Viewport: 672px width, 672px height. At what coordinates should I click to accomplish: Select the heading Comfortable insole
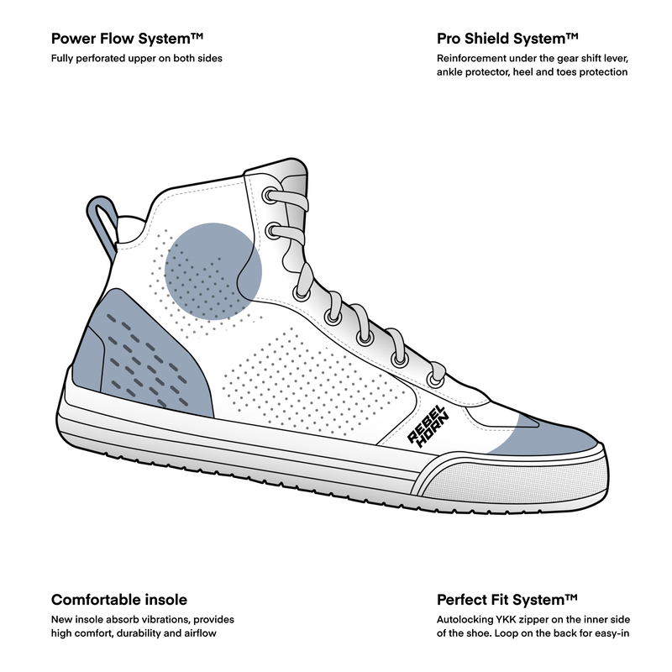click(x=118, y=600)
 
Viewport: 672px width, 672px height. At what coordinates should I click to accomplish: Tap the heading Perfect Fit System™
click(x=507, y=600)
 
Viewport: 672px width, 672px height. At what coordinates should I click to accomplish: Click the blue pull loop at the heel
click(x=100, y=220)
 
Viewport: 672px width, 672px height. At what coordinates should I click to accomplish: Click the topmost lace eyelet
click(x=269, y=196)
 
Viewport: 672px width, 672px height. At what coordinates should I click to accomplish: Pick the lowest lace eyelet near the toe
click(x=435, y=380)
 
